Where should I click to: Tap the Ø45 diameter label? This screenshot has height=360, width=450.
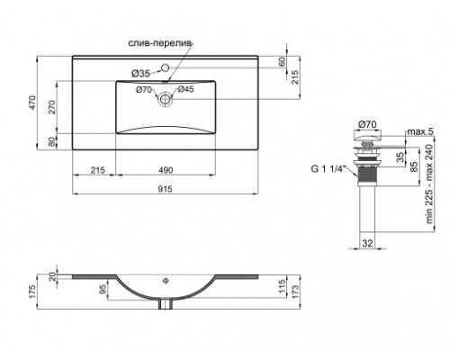(x=185, y=88)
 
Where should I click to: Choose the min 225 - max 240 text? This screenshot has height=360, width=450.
(x=439, y=186)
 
